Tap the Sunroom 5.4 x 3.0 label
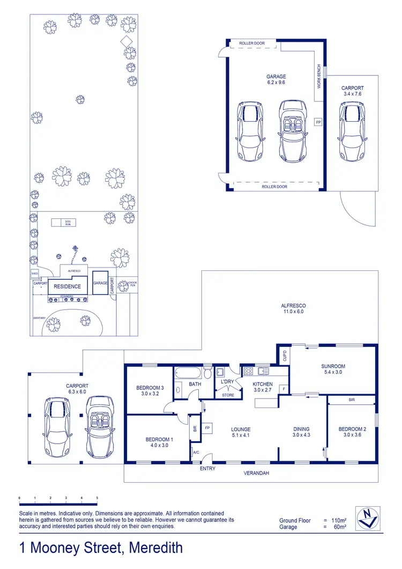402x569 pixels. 333,369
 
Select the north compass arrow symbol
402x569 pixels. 368,519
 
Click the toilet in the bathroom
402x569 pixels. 207,372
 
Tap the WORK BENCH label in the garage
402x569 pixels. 319,76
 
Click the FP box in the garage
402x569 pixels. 317,122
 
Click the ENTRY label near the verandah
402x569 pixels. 207,469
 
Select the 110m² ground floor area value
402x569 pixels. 338,520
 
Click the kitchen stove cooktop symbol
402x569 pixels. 248,371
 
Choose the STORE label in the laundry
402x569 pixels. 228,395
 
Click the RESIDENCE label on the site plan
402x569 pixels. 67,286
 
